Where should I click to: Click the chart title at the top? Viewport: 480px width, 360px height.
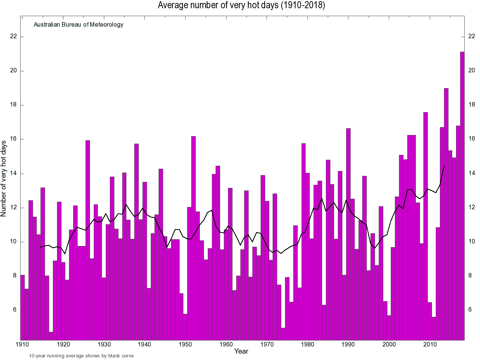[241, 5]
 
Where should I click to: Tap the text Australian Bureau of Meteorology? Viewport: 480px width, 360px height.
[78, 25]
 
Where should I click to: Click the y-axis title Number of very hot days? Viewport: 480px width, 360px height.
[4, 179]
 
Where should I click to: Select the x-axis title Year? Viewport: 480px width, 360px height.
[241, 351]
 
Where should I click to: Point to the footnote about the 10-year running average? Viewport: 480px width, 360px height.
[81, 356]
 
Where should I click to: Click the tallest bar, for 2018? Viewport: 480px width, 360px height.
[462, 195]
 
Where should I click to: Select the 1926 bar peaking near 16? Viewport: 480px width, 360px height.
[88, 240]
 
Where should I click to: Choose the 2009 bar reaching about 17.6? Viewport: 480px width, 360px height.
[426, 225]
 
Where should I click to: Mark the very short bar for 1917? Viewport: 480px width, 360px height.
[51, 336]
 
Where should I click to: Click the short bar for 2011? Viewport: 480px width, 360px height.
[434, 328]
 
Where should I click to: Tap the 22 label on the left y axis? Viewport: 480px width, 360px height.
[13, 36]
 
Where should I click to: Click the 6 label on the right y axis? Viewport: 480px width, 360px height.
[470, 310]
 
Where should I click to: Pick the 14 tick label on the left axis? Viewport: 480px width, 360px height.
[13, 173]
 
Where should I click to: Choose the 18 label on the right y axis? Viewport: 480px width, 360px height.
[472, 105]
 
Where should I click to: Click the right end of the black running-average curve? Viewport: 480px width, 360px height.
[444, 165]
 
